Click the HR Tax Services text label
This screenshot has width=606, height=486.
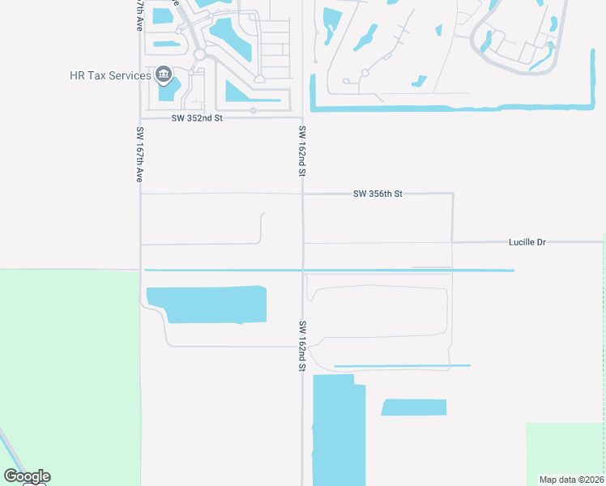[109, 75]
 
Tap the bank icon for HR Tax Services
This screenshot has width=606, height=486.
[164, 75]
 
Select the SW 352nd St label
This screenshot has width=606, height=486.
[196, 117]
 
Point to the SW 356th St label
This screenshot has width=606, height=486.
[378, 194]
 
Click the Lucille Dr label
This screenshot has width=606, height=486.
[527, 241]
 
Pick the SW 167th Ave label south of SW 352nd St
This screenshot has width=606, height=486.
[139, 154]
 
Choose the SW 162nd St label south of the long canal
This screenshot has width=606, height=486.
[302, 346]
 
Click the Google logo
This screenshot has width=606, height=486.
[27, 476]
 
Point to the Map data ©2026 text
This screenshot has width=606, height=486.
[571, 480]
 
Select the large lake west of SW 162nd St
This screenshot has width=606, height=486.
[211, 305]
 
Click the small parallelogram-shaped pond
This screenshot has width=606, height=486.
[414, 407]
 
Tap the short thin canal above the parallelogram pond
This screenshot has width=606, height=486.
[401, 366]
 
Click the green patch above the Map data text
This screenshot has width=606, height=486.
[565, 446]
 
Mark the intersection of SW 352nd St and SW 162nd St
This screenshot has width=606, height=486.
[302, 117]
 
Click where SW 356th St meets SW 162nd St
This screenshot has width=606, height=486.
[303, 194]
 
